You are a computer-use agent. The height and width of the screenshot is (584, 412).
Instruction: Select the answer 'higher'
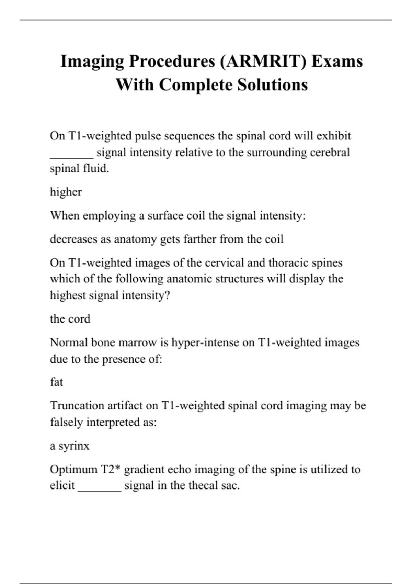pyautogui.click(x=66, y=192)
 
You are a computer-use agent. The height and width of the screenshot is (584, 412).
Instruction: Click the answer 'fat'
pyautogui.click(x=57, y=382)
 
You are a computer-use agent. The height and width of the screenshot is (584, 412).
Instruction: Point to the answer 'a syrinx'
pyautogui.click(x=70, y=446)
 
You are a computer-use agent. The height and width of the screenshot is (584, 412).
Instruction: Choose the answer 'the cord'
pyautogui.click(x=70, y=319)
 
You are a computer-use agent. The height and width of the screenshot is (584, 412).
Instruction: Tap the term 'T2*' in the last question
pyautogui.click(x=110, y=469)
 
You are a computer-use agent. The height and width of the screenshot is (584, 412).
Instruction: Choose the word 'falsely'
pyautogui.click(x=66, y=422)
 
